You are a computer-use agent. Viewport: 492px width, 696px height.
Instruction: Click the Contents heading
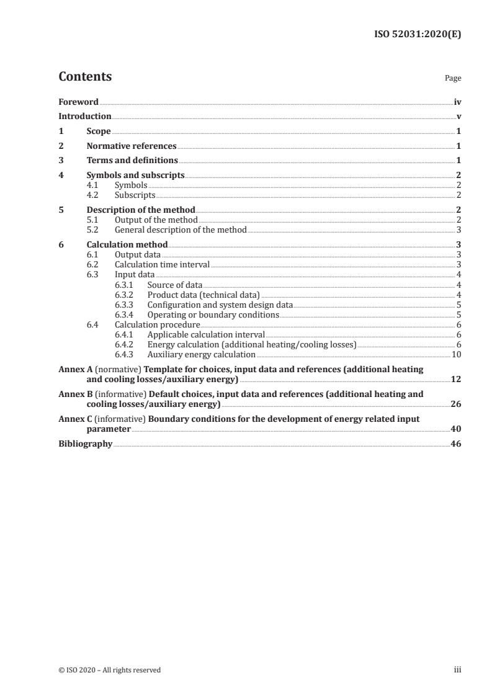point(85,77)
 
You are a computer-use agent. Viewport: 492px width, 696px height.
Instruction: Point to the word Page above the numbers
point(453,79)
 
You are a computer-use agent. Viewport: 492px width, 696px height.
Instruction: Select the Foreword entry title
point(78,102)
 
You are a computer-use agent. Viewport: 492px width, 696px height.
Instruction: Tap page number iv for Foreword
point(457,102)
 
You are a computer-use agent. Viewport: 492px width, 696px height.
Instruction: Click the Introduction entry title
point(85,116)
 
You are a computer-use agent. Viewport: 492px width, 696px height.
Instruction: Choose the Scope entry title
point(99,132)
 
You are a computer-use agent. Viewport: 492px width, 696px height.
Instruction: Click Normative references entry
point(132,146)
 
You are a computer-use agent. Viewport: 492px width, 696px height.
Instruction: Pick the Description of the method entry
point(141,210)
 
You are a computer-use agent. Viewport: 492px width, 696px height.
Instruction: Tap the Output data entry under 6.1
point(138,254)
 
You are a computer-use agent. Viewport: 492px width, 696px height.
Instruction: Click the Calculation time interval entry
point(162,264)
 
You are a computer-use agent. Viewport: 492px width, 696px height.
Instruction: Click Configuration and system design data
point(220,305)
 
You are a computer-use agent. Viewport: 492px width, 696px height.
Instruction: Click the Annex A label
point(74,369)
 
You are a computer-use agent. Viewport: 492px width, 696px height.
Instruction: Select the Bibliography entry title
point(85,444)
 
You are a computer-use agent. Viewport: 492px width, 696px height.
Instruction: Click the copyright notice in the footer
point(109,670)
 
